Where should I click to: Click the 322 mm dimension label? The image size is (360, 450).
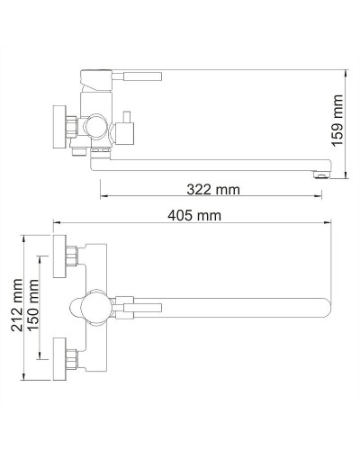(213, 189)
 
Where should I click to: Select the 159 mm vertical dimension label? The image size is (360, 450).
(338, 121)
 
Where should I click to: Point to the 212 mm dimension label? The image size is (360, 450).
(15, 306)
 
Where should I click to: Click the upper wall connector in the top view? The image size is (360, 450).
(67, 259)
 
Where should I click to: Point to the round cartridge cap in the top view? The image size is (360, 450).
(94, 307)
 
